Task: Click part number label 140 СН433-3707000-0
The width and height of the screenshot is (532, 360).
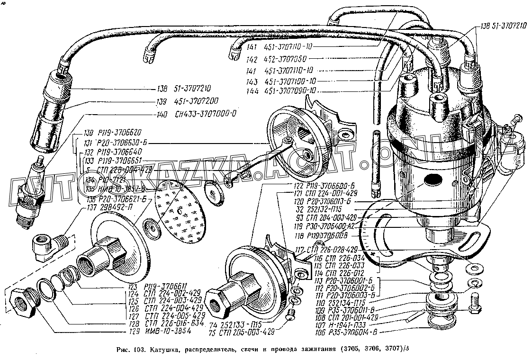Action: (196, 115)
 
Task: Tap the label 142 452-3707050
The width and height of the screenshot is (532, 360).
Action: (277, 59)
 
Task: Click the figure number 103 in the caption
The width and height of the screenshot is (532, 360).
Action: (139, 350)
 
